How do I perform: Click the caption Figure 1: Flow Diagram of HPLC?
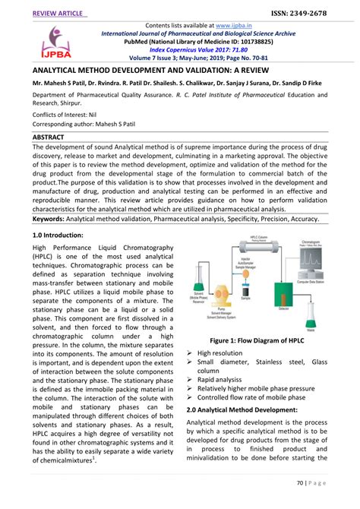coord(257,342)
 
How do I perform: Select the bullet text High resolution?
coord(225,354)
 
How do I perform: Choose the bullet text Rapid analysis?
coord(224,380)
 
